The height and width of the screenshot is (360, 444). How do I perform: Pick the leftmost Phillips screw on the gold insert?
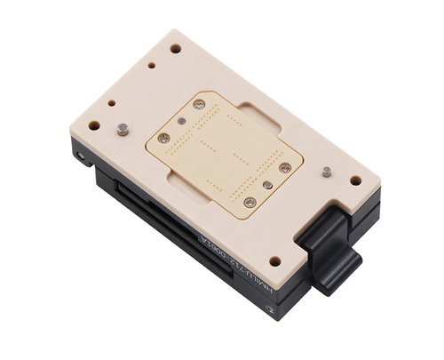point(163,138)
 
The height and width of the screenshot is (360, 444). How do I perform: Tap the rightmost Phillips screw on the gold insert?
point(285,167)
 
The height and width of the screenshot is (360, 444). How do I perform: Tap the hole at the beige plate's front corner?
point(275,261)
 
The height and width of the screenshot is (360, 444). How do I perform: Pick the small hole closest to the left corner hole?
point(111,103)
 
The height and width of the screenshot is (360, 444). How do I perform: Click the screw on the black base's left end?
point(81,158)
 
